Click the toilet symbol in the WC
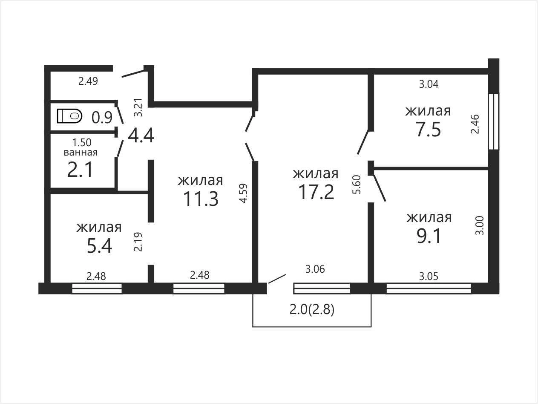[69, 116]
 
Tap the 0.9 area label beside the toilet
[102, 118]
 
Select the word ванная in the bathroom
[81, 153]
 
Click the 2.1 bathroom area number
[80, 170]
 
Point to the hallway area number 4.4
[141, 136]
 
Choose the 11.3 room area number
[201, 199]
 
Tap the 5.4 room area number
[99, 246]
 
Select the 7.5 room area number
[428, 130]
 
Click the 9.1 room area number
[429, 236]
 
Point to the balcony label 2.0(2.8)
[312, 310]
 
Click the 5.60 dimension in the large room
[357, 185]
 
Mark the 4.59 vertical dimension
[244, 193]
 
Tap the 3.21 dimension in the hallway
[138, 107]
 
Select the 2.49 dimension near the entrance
[88, 81]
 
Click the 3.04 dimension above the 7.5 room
[429, 84]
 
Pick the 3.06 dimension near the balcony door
[315, 269]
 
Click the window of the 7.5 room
[494, 121]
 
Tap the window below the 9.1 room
[429, 288]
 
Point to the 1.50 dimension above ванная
[82, 142]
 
